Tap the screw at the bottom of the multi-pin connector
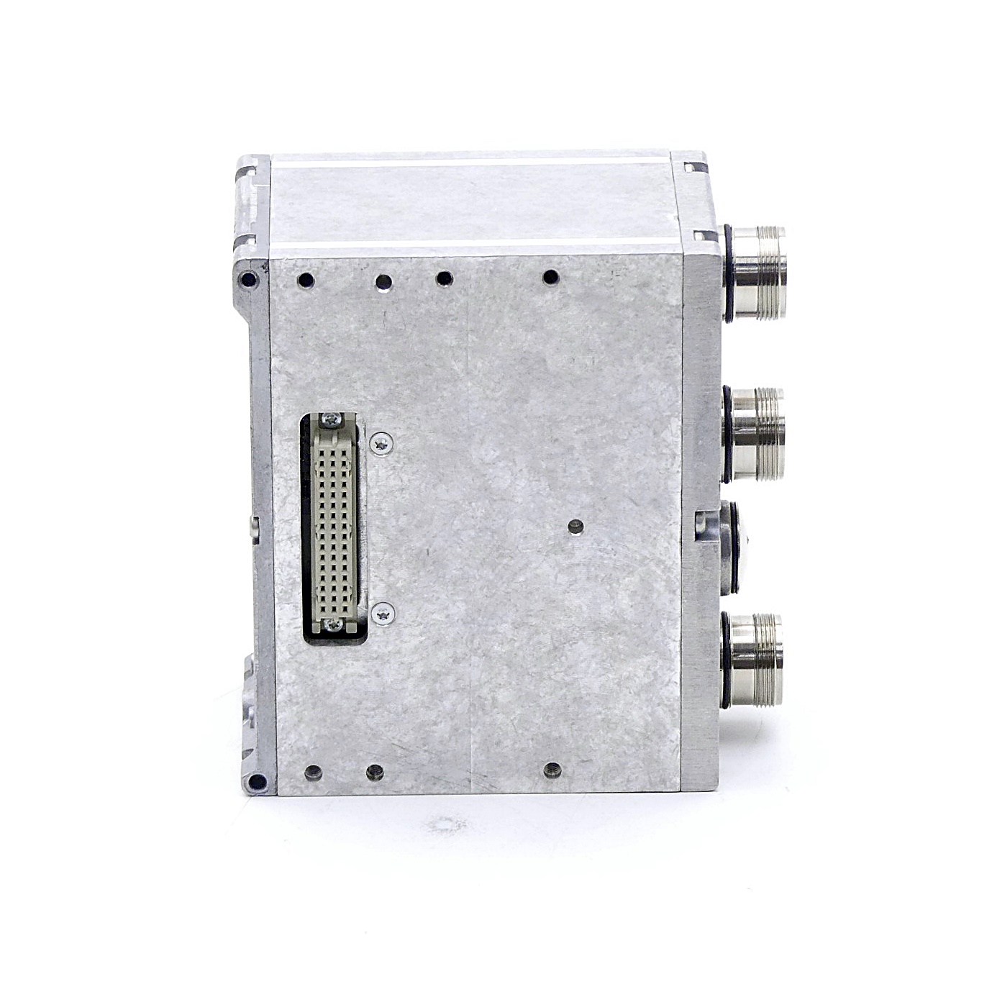333,625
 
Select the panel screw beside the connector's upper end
382,444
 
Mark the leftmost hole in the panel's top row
305,281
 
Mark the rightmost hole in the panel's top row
551,277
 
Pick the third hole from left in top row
445,278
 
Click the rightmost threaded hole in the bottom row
552,770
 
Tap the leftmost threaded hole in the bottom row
312,773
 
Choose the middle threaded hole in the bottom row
375,773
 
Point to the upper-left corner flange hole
249,279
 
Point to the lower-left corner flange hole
254,781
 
